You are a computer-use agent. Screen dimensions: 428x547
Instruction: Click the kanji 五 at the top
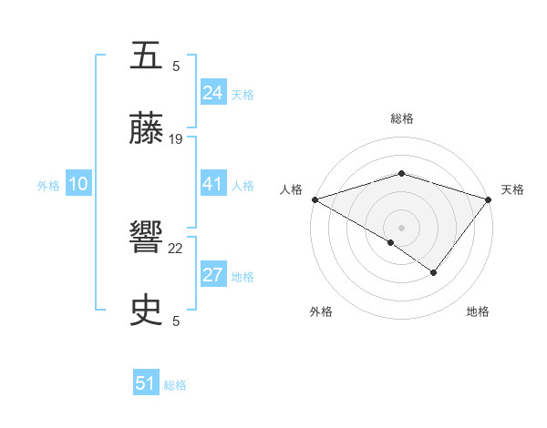147,57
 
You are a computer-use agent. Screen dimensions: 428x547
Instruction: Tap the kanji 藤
147,130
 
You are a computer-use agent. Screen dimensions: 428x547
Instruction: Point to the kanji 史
147,311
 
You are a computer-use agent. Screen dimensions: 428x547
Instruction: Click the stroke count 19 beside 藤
176,138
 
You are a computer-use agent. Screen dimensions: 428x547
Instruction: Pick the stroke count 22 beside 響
176,248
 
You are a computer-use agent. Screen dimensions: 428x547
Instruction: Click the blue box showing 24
213,93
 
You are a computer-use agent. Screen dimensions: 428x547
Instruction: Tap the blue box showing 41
213,185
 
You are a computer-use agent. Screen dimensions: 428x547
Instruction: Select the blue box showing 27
213,276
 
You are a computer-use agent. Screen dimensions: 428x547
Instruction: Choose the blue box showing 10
78,185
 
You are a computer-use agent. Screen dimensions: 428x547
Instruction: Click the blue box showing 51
146,383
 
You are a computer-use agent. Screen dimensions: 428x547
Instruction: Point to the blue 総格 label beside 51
175,385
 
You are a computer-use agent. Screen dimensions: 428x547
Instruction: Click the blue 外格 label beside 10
48,186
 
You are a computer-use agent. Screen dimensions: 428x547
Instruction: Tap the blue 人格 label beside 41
243,186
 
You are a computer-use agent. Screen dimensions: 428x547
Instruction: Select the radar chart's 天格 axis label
512,189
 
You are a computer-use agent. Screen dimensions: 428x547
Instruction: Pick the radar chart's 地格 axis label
478,311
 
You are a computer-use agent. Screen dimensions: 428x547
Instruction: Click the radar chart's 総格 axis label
402,118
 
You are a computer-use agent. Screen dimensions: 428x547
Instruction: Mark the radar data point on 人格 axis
315,199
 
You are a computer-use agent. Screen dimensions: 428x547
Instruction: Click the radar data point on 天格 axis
490,199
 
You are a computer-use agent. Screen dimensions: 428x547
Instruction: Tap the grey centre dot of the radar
402,227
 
